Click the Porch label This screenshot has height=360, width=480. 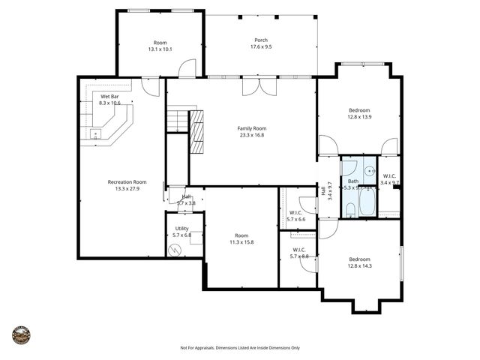(260, 43)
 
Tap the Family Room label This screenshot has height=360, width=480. (252, 131)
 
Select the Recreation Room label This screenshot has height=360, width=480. (127, 185)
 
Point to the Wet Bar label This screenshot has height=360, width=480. (109, 99)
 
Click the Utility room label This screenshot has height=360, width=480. (182, 231)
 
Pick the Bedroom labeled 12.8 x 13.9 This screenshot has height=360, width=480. (359, 114)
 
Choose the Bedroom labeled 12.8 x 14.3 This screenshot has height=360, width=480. (359, 262)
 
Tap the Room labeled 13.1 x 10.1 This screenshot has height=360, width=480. (160, 46)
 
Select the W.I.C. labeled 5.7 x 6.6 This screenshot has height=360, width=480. (296, 216)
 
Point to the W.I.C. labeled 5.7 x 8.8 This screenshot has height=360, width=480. (298, 253)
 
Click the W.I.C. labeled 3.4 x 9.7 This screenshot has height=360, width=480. (390, 179)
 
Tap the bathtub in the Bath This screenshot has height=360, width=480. (367, 202)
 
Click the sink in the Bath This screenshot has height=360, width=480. (349, 169)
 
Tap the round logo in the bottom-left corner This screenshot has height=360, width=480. (22, 335)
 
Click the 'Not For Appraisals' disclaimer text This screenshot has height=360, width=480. (240, 348)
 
